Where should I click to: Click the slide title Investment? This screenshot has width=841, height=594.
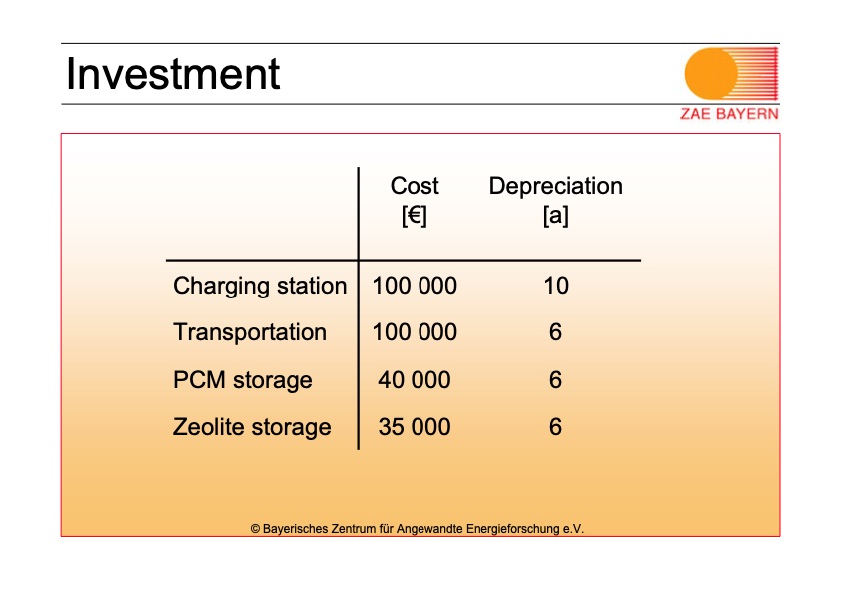coord(173,74)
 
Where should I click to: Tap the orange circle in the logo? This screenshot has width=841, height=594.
coord(712,74)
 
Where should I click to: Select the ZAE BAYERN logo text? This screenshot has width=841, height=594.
coord(729,114)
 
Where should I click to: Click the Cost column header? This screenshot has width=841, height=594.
coord(415,186)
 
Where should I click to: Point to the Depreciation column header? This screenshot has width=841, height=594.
coord(556,186)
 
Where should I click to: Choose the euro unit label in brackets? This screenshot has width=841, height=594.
coord(415,216)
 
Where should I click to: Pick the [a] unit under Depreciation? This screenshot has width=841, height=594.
coord(556,216)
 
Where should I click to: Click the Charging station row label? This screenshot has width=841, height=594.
coord(260,286)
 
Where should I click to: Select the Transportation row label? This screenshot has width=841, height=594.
coord(250,332)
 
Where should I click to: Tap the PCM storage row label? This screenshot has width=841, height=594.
coord(243,380)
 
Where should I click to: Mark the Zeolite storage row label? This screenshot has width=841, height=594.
coord(252,427)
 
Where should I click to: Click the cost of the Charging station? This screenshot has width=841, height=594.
coord(415,286)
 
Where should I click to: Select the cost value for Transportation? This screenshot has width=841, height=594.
coord(415,332)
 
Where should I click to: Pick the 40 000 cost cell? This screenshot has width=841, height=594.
coord(415,380)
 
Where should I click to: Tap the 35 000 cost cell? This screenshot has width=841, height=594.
coord(415,427)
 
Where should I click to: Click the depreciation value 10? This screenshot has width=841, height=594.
coord(556,286)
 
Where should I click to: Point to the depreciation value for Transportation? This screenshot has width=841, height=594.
coord(555,332)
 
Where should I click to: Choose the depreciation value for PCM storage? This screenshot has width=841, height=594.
coord(555,380)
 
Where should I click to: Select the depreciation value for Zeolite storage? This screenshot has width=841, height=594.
coord(555,427)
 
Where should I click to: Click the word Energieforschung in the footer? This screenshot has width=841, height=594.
coord(513,529)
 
